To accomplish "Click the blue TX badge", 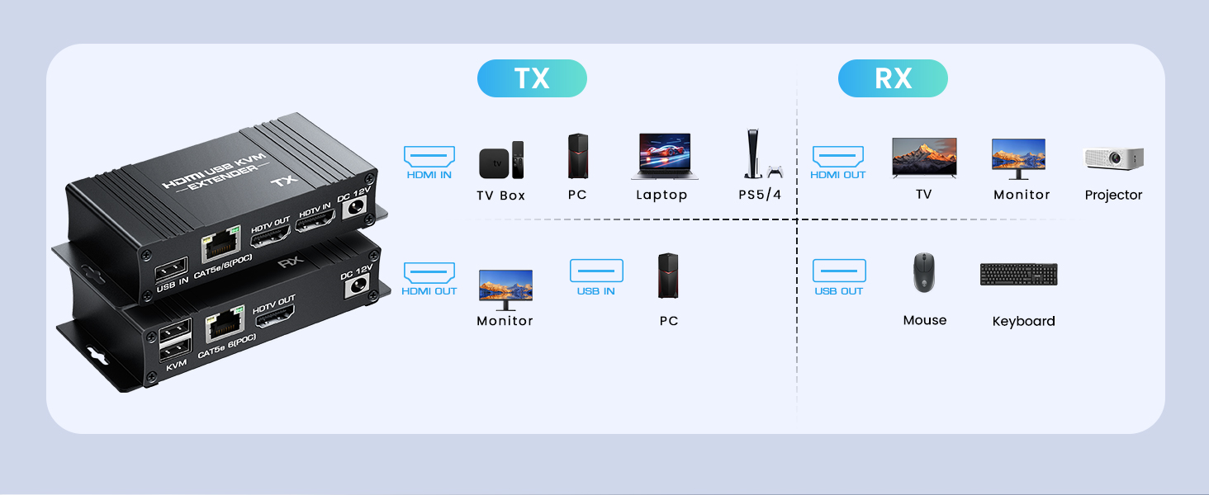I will pyautogui.click(x=532, y=78).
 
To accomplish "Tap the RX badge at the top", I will pyautogui.click(x=893, y=78).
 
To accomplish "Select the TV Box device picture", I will pyautogui.click(x=501, y=160).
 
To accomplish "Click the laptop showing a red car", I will pyautogui.click(x=665, y=157).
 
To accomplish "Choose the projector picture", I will pyautogui.click(x=1113, y=158).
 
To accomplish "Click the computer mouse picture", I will pyautogui.click(x=924, y=272).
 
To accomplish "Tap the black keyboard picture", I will pyautogui.click(x=1018, y=275).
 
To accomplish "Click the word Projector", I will pyautogui.click(x=1113, y=196).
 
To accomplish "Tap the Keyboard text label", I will pyautogui.click(x=1023, y=321).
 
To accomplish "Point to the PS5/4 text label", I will pyautogui.click(x=760, y=196).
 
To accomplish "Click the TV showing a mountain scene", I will pyautogui.click(x=924, y=157).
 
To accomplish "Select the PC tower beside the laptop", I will pyautogui.click(x=578, y=157).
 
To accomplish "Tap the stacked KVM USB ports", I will pyautogui.click(x=176, y=339).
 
